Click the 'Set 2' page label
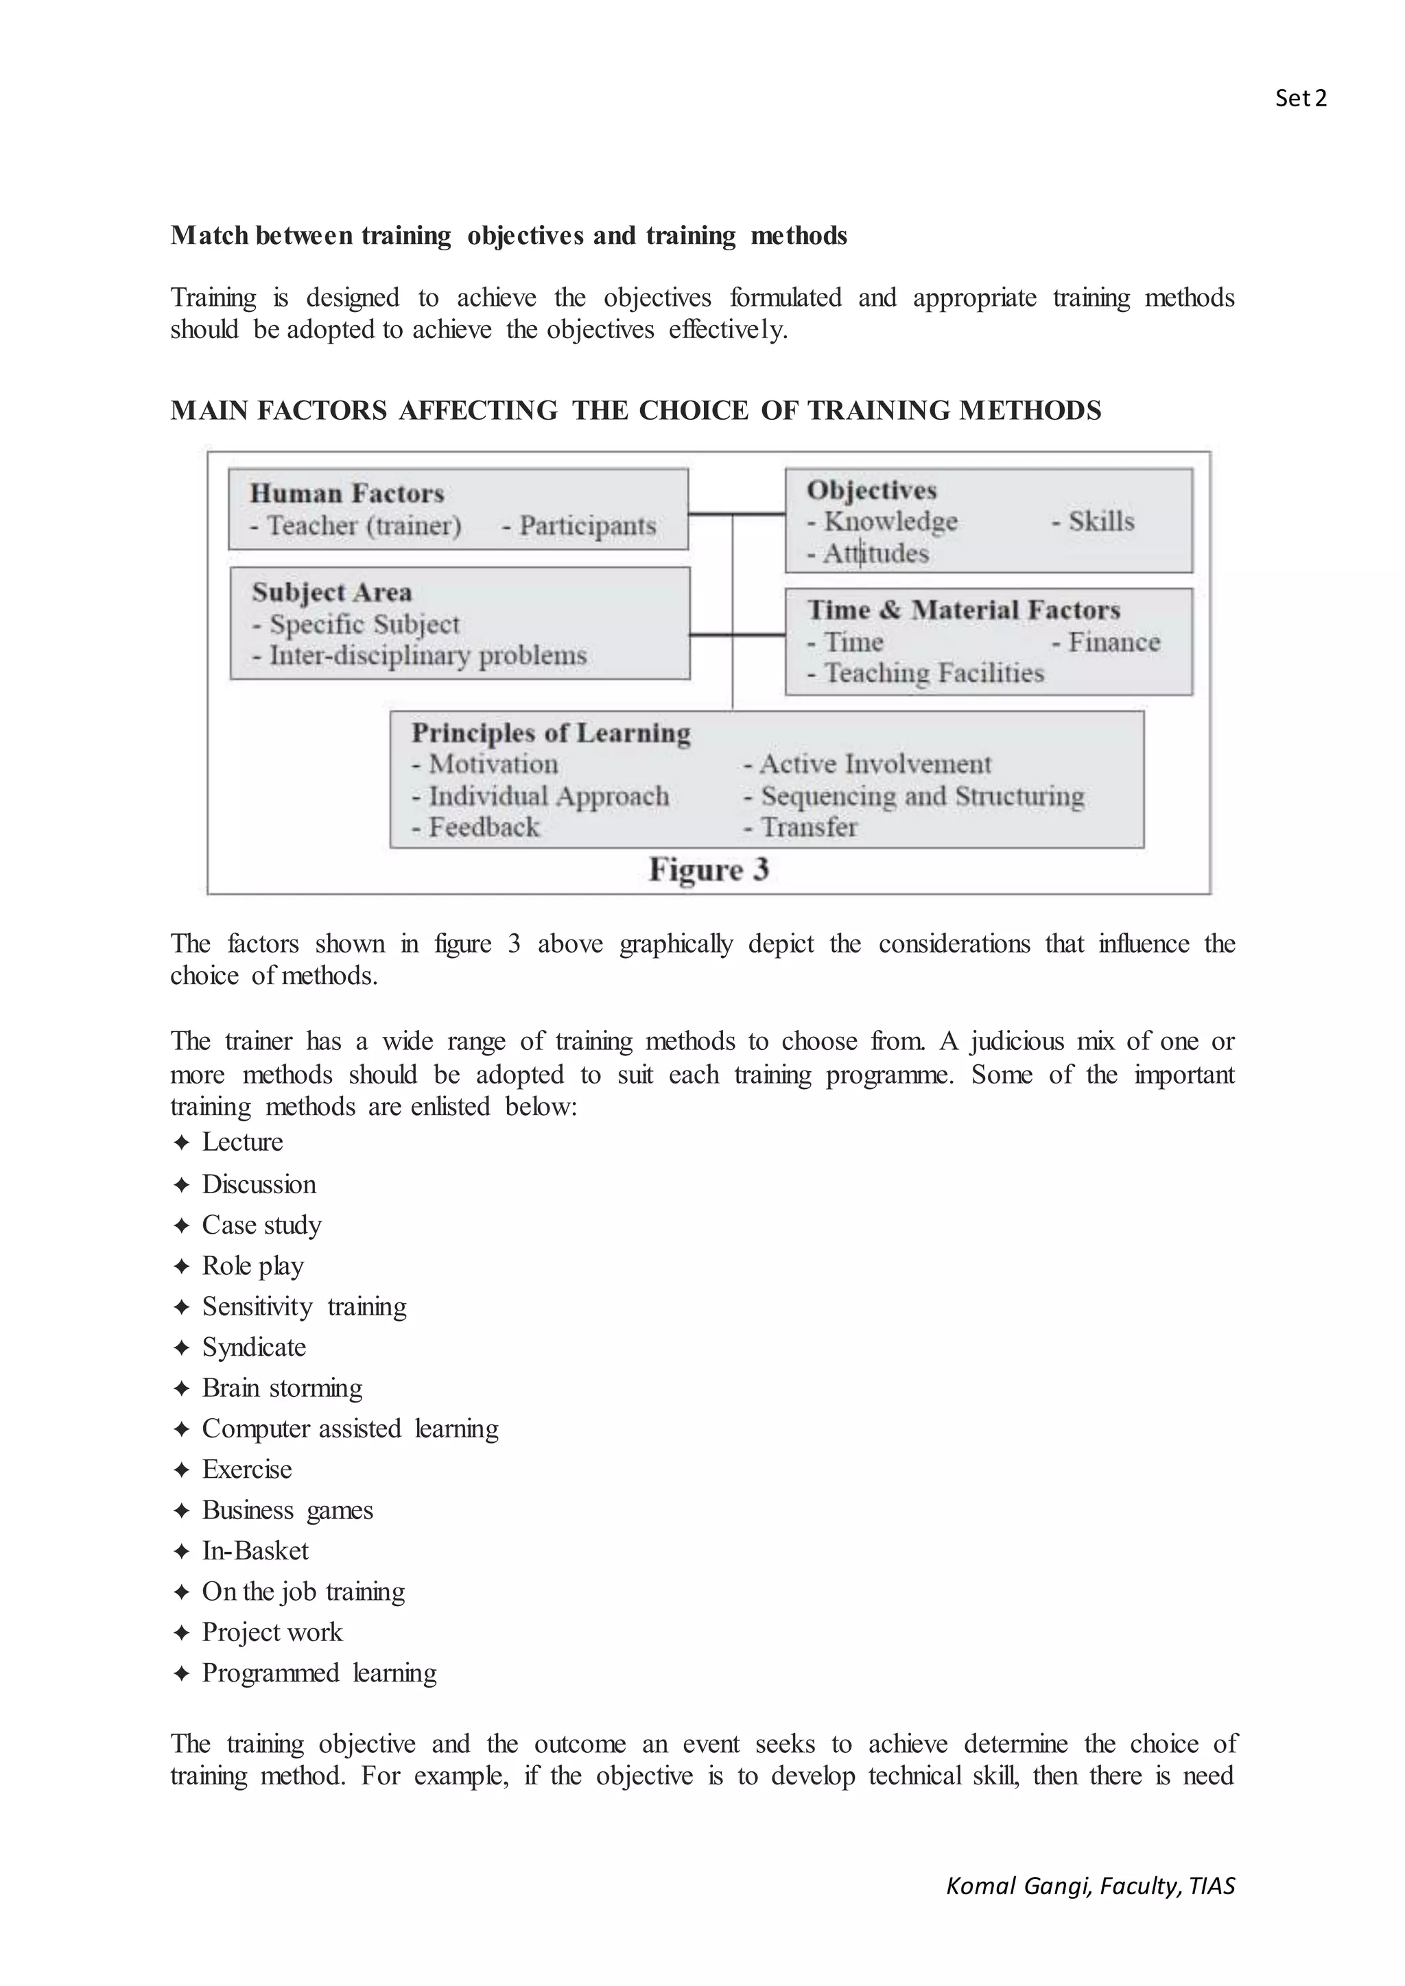point(1299,99)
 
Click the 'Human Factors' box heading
point(347,494)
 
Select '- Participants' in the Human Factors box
point(580,526)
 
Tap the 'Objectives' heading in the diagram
point(871,490)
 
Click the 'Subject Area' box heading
point(331,593)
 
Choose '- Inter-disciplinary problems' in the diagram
point(420,656)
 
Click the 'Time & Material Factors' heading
point(963,610)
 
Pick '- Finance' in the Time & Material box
point(1106,643)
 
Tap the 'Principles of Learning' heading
point(551,734)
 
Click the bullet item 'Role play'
point(252,1265)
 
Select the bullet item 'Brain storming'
point(282,1387)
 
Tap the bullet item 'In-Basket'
point(255,1550)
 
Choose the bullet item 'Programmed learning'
point(319,1672)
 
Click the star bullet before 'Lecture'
point(181,1142)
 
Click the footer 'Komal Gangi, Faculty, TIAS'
point(1090,1886)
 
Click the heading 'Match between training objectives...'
point(509,235)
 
